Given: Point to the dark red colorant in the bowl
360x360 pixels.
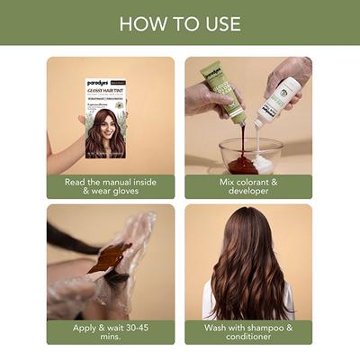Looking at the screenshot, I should click(x=240, y=163).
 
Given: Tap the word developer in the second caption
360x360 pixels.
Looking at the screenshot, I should click(x=248, y=192).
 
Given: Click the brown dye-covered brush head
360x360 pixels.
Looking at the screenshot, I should click(x=109, y=257).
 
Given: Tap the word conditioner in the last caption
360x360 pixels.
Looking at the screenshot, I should click(x=248, y=338).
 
